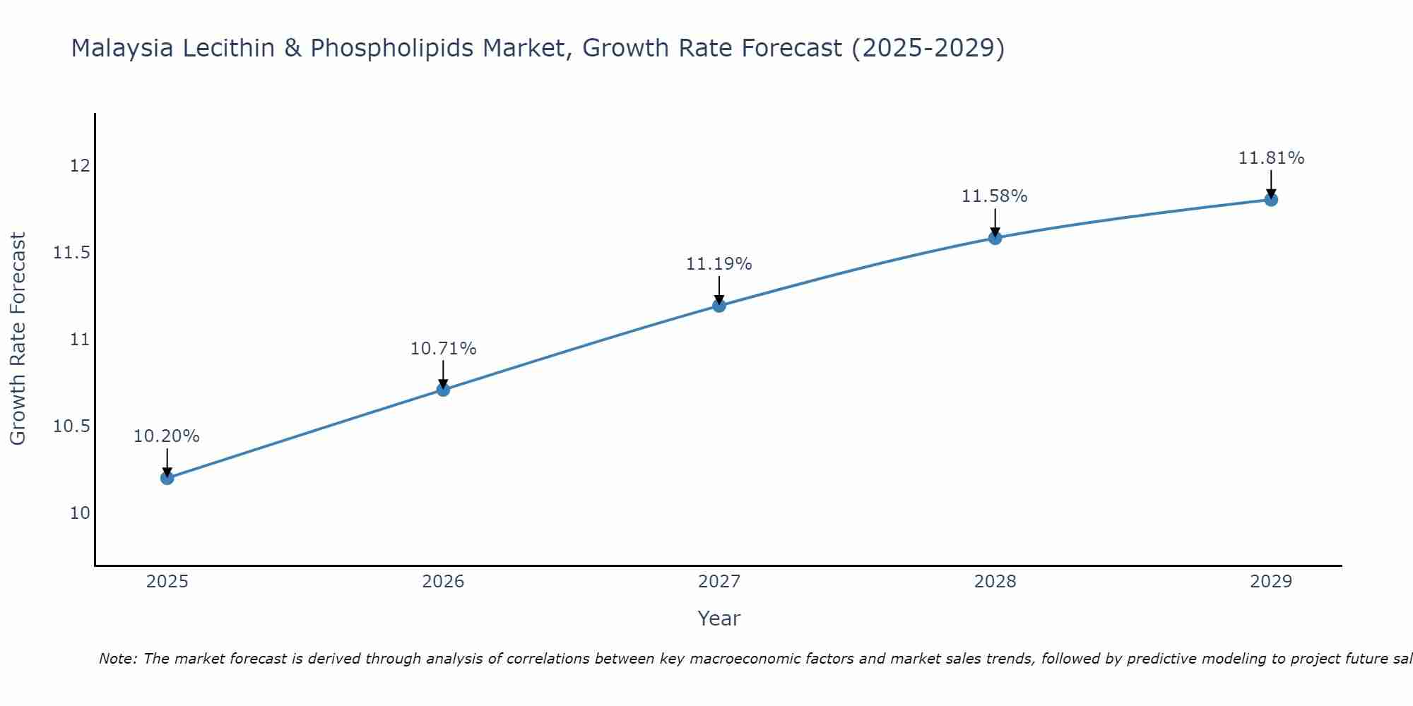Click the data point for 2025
pyautogui.click(x=167, y=478)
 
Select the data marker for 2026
pyautogui.click(x=443, y=390)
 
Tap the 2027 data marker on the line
pyautogui.click(x=719, y=306)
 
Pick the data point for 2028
pyautogui.click(x=995, y=238)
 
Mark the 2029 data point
pyautogui.click(x=1271, y=200)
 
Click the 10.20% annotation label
pyautogui.click(x=167, y=436)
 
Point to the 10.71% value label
pyautogui.click(x=443, y=349)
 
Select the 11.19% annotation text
pyautogui.click(x=719, y=264)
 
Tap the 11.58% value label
pyautogui.click(x=995, y=196)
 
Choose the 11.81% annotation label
pyautogui.click(x=1271, y=158)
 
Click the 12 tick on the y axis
pyautogui.click(x=80, y=166)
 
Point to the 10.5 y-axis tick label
pyautogui.click(x=72, y=426)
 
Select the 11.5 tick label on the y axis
pyautogui.click(x=72, y=253)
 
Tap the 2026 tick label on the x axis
pyautogui.click(x=443, y=582)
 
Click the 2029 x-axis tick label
pyautogui.click(x=1271, y=582)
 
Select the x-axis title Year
pyautogui.click(x=719, y=618)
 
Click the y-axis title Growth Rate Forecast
pyautogui.click(x=18, y=339)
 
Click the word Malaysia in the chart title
pyautogui.click(x=123, y=49)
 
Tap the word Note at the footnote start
pyautogui.click(x=117, y=659)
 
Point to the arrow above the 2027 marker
pyautogui.click(x=719, y=289)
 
